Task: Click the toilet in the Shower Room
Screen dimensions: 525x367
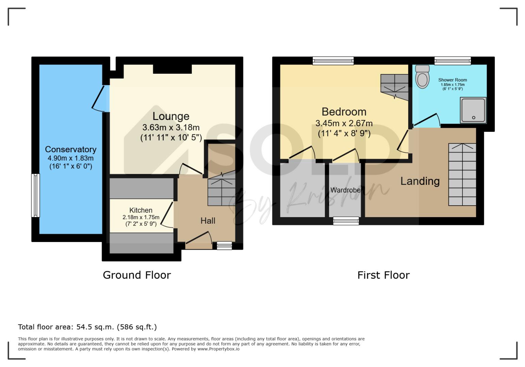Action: click(x=422, y=76)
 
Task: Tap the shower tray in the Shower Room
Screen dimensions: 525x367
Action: click(x=473, y=110)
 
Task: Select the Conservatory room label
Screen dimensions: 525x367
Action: click(x=70, y=149)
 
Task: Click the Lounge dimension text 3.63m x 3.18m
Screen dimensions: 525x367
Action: click(x=171, y=127)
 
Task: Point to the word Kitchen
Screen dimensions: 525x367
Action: click(x=141, y=210)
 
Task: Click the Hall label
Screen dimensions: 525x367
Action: click(x=208, y=221)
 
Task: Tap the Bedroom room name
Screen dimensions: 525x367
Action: click(x=344, y=112)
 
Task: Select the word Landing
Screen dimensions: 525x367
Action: click(x=420, y=181)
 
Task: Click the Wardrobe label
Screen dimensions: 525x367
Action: click(x=345, y=190)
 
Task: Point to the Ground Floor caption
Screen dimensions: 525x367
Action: click(x=137, y=275)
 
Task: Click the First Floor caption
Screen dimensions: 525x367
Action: click(x=383, y=275)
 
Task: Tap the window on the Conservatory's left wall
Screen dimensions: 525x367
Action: click(x=36, y=195)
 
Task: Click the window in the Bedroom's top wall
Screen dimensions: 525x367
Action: click(x=333, y=60)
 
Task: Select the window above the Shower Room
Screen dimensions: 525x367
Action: click(x=453, y=60)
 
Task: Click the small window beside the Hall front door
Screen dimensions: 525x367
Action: click(x=224, y=246)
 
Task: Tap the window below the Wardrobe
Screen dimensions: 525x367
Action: click(x=346, y=221)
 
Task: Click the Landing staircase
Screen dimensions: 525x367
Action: click(x=462, y=175)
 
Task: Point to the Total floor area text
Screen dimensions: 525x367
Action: click(x=87, y=327)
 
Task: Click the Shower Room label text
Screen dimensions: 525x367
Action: click(x=453, y=80)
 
